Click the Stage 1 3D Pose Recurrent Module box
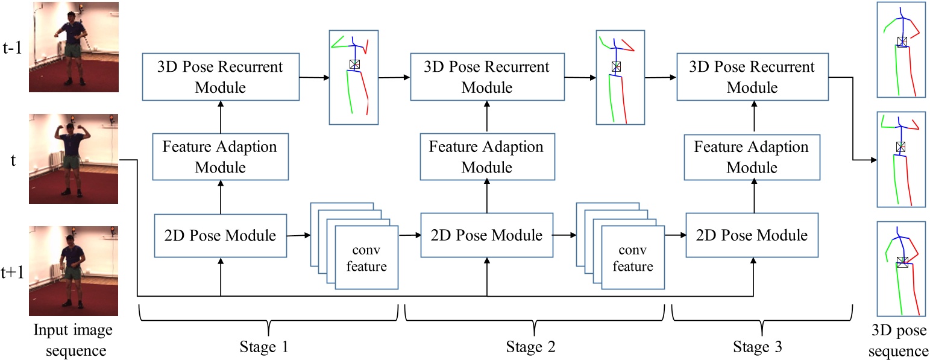[x=221, y=77]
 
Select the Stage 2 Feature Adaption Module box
[x=487, y=157]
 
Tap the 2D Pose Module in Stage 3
[x=753, y=235]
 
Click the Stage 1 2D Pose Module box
[x=221, y=235]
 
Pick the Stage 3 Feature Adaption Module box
[x=753, y=157]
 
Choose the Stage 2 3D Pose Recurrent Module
[x=487, y=77]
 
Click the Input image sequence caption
[x=72, y=340]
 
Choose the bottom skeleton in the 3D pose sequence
[x=901, y=269]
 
